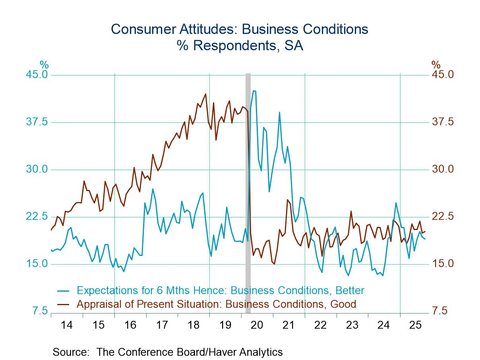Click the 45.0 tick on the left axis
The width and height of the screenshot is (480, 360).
tap(37, 75)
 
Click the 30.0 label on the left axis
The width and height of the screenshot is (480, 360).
tap(37, 169)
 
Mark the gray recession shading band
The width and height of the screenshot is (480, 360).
tap(248, 191)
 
